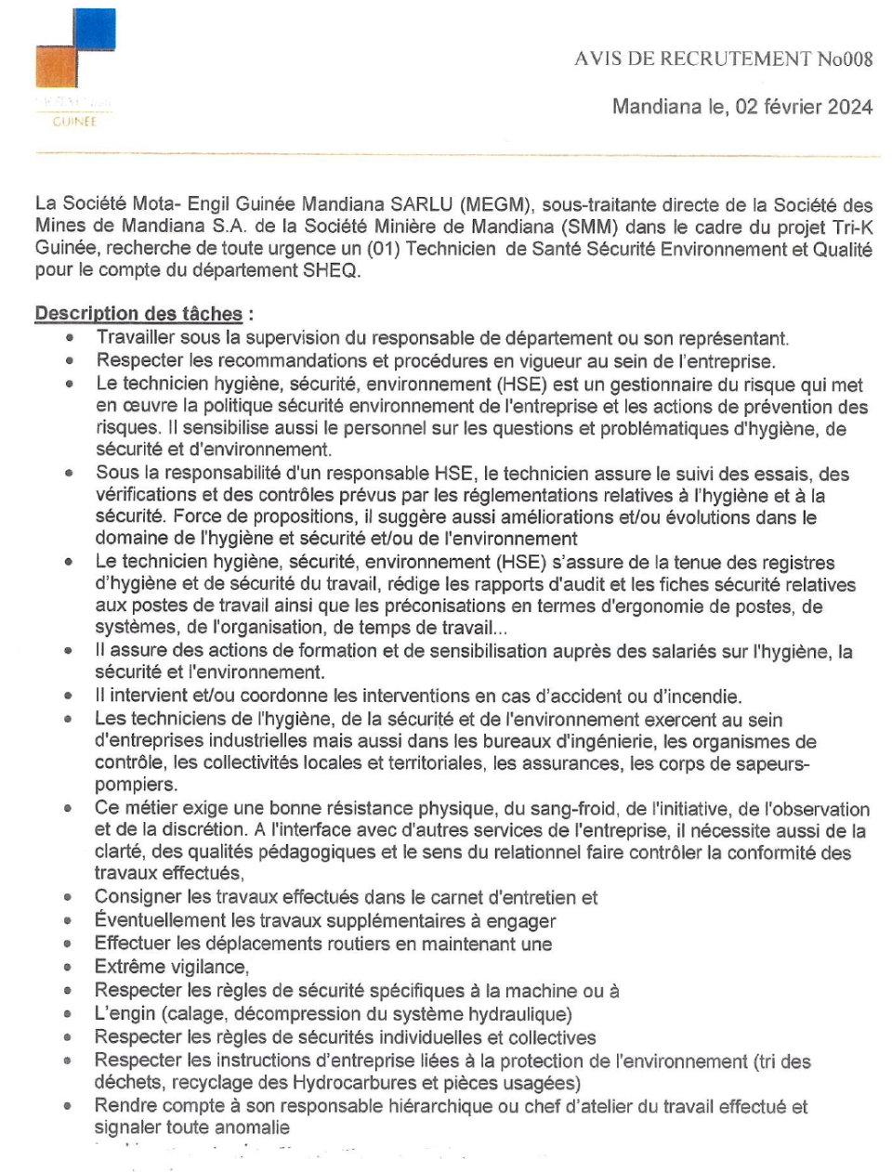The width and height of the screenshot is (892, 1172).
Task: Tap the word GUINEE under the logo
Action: tap(74, 122)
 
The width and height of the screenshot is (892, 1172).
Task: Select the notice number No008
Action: tap(845, 59)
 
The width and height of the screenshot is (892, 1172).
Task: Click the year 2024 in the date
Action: tap(848, 107)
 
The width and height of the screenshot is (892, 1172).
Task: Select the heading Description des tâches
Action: tap(138, 314)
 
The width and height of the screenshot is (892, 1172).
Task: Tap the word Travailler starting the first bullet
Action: tap(135, 338)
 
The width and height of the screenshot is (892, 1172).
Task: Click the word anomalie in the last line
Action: tap(252, 1127)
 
